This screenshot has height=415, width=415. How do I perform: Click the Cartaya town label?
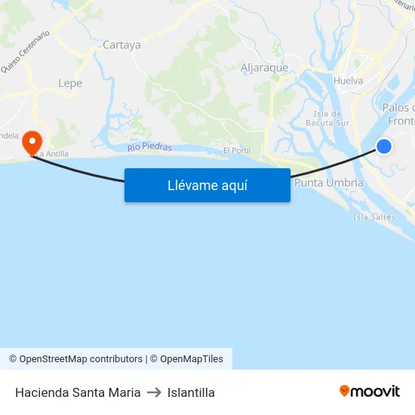pyautogui.click(x=121, y=45)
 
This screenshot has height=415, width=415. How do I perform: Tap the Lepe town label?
pyautogui.click(x=70, y=83)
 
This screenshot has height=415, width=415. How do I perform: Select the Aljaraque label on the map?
pyautogui.click(x=264, y=67)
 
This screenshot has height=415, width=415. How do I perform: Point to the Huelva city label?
pyautogui.click(x=348, y=81)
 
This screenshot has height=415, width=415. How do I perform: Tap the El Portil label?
pyautogui.click(x=236, y=151)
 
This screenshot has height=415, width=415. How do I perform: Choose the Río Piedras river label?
pyautogui.click(x=149, y=147)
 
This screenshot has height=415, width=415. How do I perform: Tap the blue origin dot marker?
pyautogui.click(x=384, y=146)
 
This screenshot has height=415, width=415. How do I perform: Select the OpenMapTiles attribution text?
pyautogui.click(x=186, y=359)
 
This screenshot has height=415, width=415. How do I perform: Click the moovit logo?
pyautogui.click(x=369, y=392)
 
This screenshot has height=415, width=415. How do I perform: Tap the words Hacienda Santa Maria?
pyautogui.click(x=78, y=392)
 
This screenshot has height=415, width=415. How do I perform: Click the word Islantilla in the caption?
pyautogui.click(x=191, y=392)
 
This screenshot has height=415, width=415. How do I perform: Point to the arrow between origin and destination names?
pyautogui.click(x=153, y=392)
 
